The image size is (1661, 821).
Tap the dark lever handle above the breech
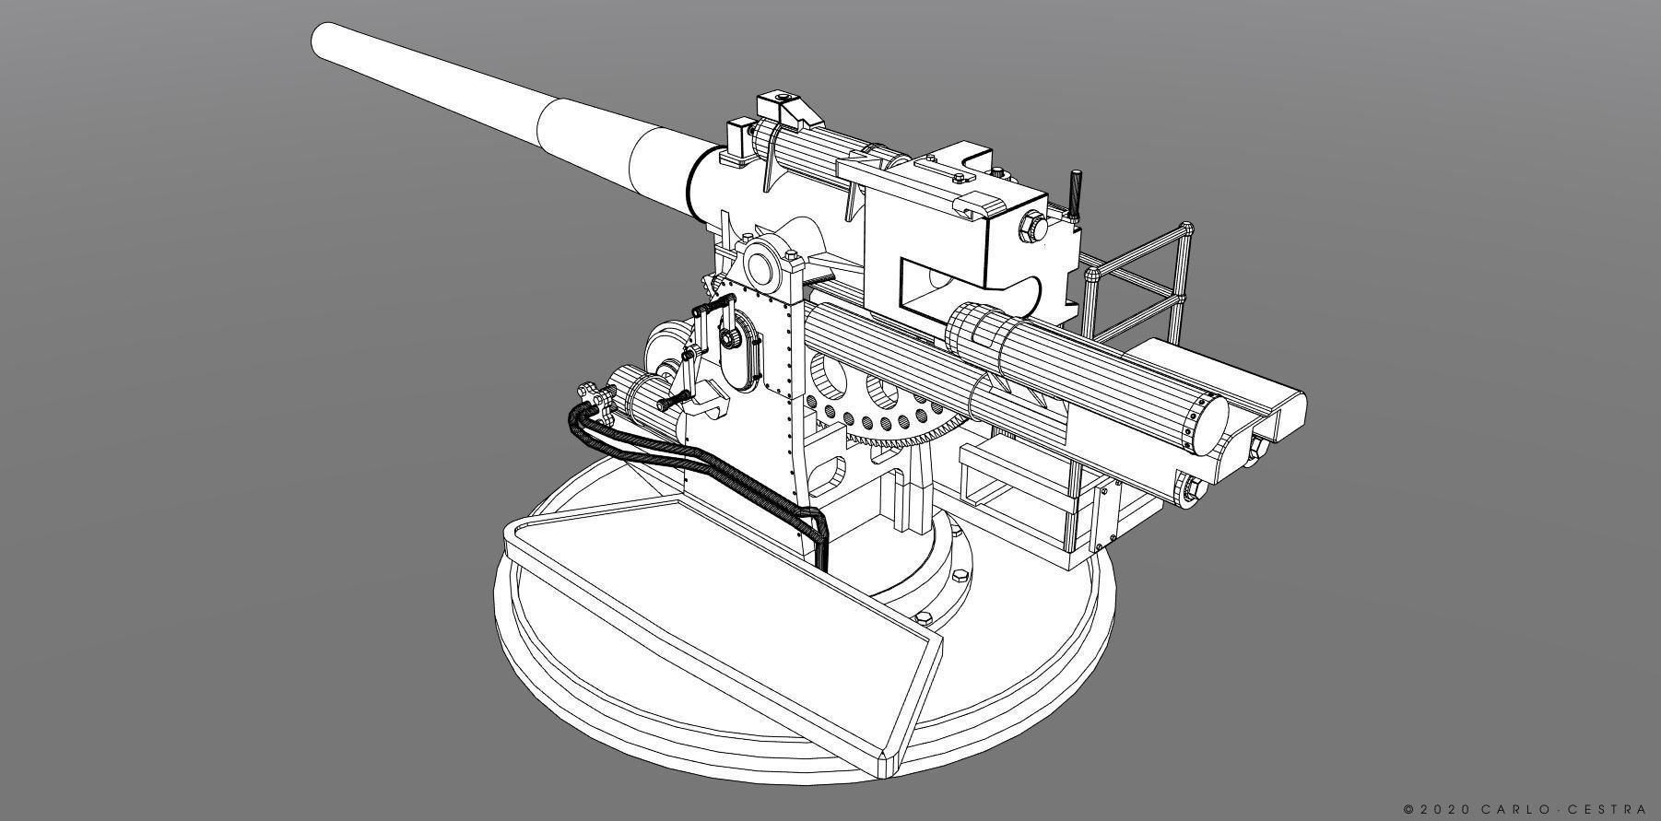pos(1074,194)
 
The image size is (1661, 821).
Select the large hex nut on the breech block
pos(1031,225)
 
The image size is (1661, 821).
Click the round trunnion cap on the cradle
pos(762,267)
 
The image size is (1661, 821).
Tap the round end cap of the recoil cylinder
pos(1206,424)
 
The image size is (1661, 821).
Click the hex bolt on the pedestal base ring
pos(959,577)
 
